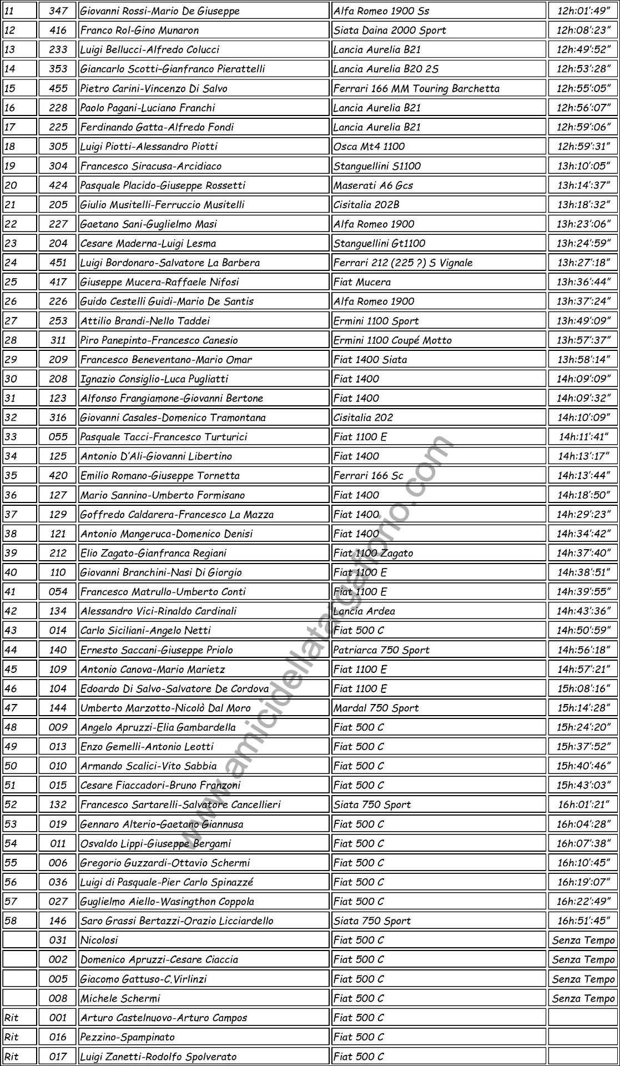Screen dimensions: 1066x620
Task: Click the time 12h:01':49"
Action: coord(583,11)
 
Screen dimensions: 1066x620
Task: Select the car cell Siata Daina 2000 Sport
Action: coord(390,30)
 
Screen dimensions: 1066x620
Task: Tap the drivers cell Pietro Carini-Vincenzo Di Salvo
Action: coord(154,88)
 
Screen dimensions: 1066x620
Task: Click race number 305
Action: coord(58,147)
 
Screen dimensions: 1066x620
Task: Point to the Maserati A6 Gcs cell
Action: coord(373,185)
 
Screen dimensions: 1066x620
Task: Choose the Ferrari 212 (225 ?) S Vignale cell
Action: coord(403,263)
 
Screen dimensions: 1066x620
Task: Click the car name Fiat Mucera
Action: coord(362,282)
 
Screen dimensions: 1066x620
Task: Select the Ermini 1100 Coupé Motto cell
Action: coord(392,340)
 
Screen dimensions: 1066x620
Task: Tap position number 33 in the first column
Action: coord(11,437)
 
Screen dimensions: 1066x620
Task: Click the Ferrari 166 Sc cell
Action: coord(368,476)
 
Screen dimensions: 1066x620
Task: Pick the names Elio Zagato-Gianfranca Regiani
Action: coord(153,553)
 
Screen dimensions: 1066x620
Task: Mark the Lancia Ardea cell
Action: coord(364,611)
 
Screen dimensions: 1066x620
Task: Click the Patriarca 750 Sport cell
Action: coord(381,650)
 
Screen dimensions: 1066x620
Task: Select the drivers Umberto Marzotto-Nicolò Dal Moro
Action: coord(165,708)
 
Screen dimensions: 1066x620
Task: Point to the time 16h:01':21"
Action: coord(583,804)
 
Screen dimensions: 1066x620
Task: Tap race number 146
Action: coord(58,921)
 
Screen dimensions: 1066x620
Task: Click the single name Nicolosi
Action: coord(99,940)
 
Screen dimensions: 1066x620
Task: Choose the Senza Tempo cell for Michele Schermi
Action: coord(583,998)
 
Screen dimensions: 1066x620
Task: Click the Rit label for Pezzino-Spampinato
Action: coord(11,1037)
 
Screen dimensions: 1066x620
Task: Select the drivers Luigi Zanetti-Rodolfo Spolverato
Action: coord(158,1057)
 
